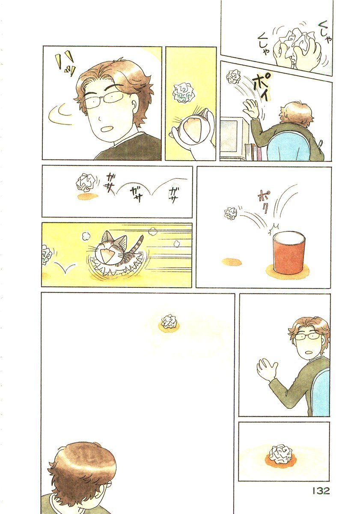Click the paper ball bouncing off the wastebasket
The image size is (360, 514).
coord(230,213)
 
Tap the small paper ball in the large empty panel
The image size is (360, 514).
coord(169,321)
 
